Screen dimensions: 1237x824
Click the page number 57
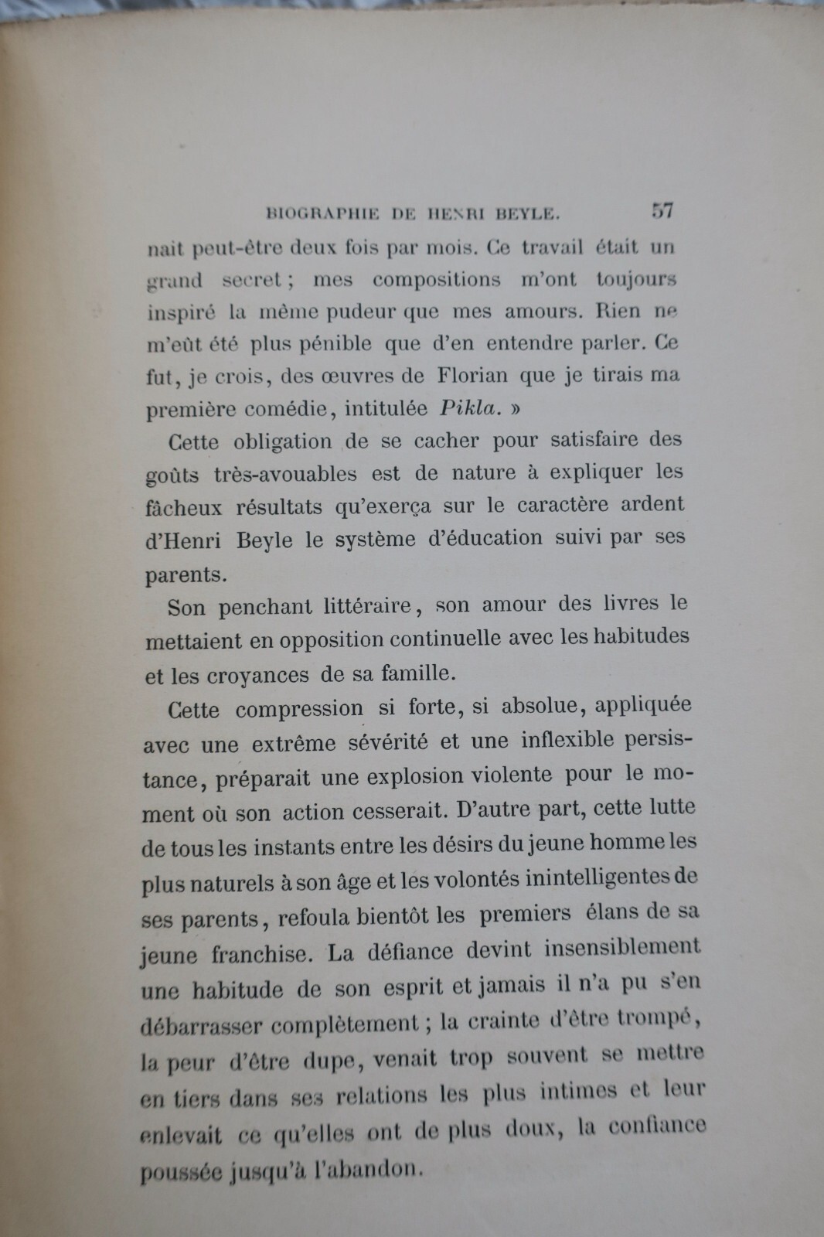pos(662,210)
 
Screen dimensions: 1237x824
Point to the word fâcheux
pos(184,507)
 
